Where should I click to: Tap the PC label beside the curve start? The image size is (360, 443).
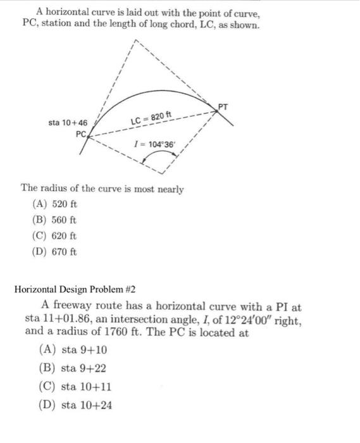[80, 134]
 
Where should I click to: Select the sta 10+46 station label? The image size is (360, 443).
[70, 122]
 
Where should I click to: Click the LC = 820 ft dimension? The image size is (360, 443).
[151, 118]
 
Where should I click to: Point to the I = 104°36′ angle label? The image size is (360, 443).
[154, 144]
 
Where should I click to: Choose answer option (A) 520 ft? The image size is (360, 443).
[54, 205]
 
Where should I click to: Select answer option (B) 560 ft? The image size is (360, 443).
[54, 220]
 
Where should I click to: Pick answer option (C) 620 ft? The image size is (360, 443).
[54, 236]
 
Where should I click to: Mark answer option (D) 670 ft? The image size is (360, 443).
[54, 251]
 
